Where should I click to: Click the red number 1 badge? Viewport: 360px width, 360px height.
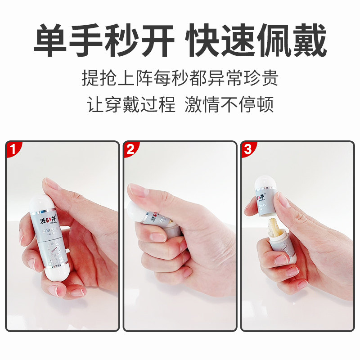tap(13, 149)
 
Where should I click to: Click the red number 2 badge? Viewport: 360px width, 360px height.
tap(130, 149)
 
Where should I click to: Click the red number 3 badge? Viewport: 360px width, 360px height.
tap(247, 149)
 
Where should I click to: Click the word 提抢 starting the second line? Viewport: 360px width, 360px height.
tap(97, 78)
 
